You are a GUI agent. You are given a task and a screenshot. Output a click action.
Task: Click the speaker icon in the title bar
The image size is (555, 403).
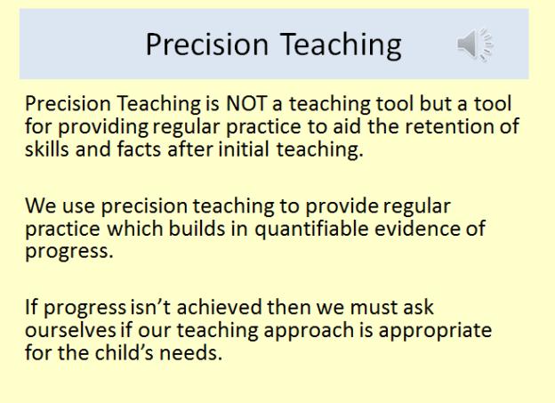(475, 44)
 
